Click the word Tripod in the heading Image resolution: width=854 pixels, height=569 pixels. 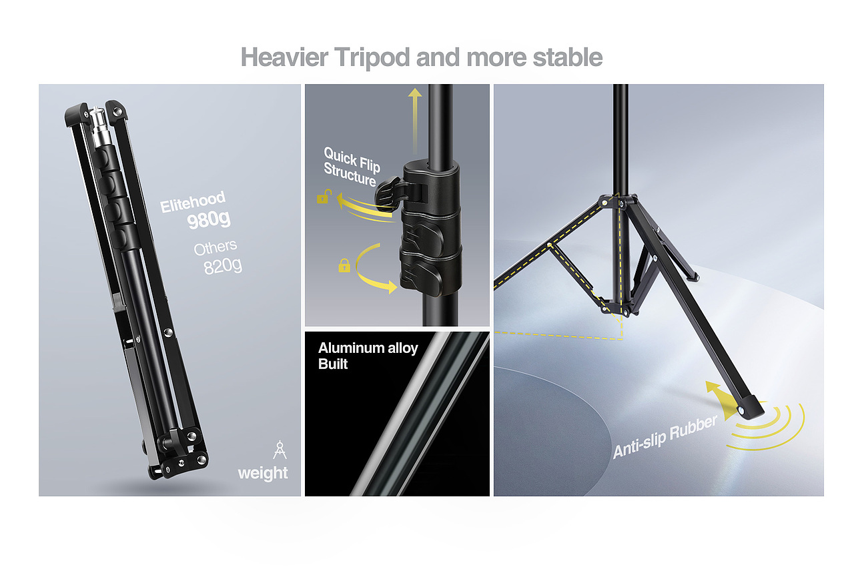(x=373, y=57)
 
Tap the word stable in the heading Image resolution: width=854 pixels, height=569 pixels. (x=567, y=57)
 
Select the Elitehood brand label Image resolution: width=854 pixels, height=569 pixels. (x=193, y=201)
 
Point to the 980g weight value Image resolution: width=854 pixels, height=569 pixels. (x=209, y=220)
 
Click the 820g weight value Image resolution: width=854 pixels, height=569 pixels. (x=223, y=265)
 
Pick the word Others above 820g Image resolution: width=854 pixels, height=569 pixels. (x=216, y=247)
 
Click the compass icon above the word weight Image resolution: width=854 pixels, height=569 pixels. (x=280, y=450)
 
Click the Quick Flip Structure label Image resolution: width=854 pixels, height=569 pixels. (x=352, y=167)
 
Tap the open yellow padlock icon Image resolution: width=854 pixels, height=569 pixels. (x=324, y=197)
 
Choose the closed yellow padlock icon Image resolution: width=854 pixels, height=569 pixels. (x=344, y=265)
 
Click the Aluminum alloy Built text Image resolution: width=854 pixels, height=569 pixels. (x=368, y=356)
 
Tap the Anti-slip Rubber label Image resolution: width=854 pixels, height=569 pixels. (x=665, y=437)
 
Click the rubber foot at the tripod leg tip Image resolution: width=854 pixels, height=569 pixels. (x=751, y=407)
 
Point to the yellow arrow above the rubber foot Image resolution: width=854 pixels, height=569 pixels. (x=720, y=398)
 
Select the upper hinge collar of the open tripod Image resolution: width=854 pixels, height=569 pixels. (x=617, y=202)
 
